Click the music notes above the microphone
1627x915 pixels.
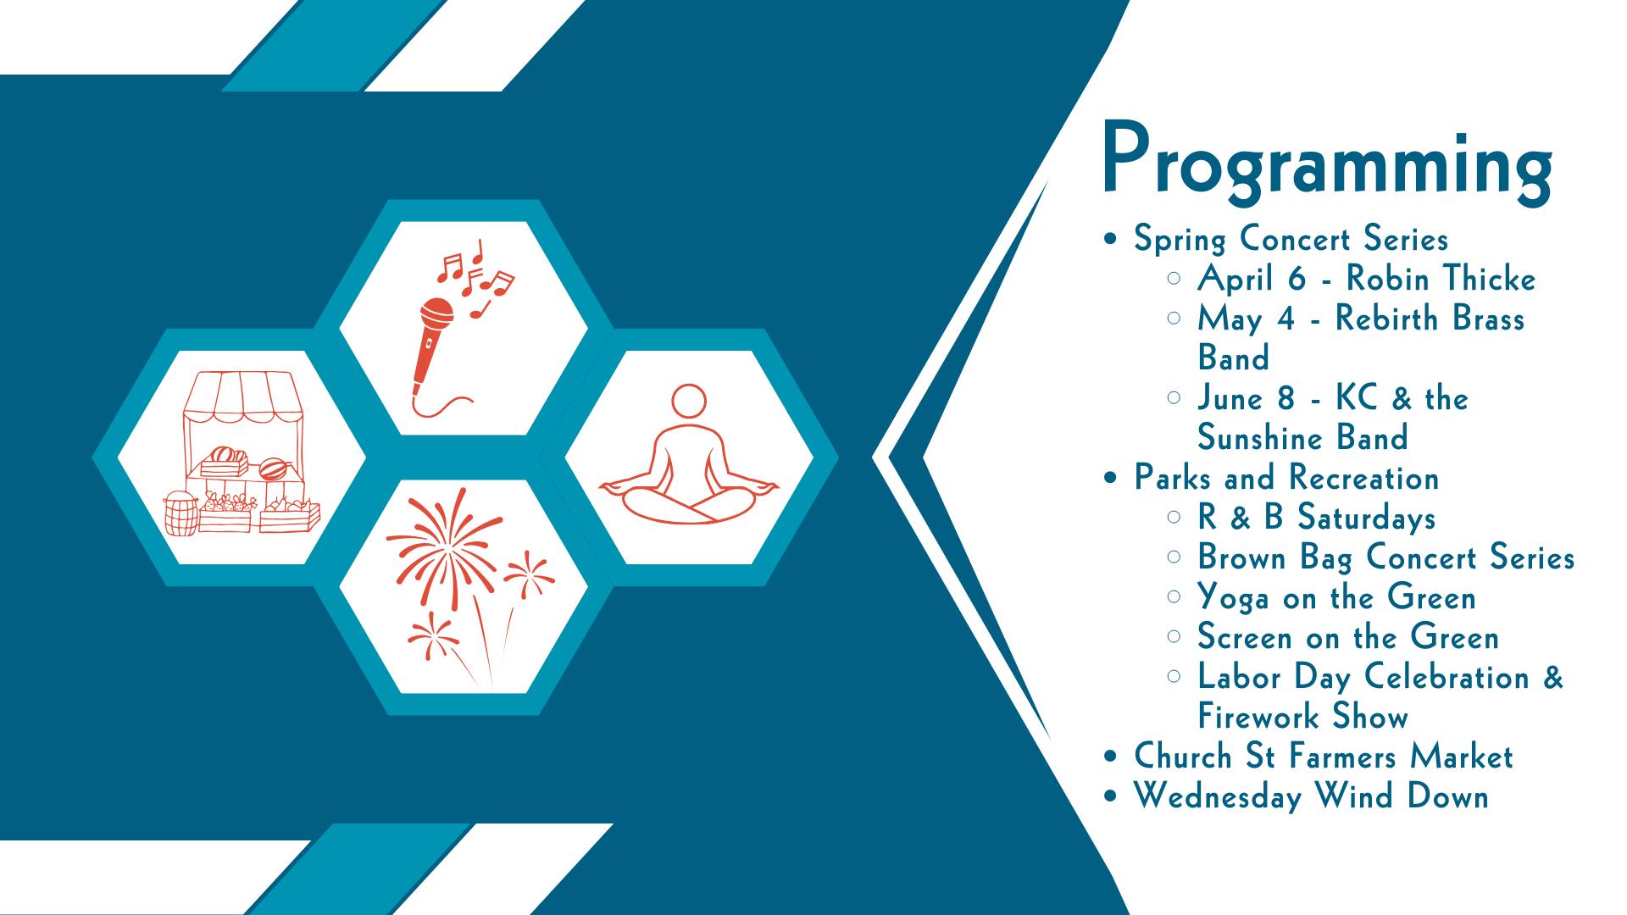475,276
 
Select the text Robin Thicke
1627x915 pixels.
1441,279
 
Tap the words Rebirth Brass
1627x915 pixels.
1430,319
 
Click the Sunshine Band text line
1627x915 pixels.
1302,438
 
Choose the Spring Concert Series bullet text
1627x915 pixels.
1291,239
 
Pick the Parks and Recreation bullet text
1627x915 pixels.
1286,478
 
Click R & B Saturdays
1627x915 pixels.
1317,518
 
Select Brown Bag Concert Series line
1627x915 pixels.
1386,557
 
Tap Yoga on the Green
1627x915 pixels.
1336,597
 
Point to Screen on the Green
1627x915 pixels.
1348,637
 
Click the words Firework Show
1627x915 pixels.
1302,717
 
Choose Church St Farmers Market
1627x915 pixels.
1324,757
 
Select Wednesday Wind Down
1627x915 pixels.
1312,796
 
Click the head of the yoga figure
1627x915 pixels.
688,402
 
